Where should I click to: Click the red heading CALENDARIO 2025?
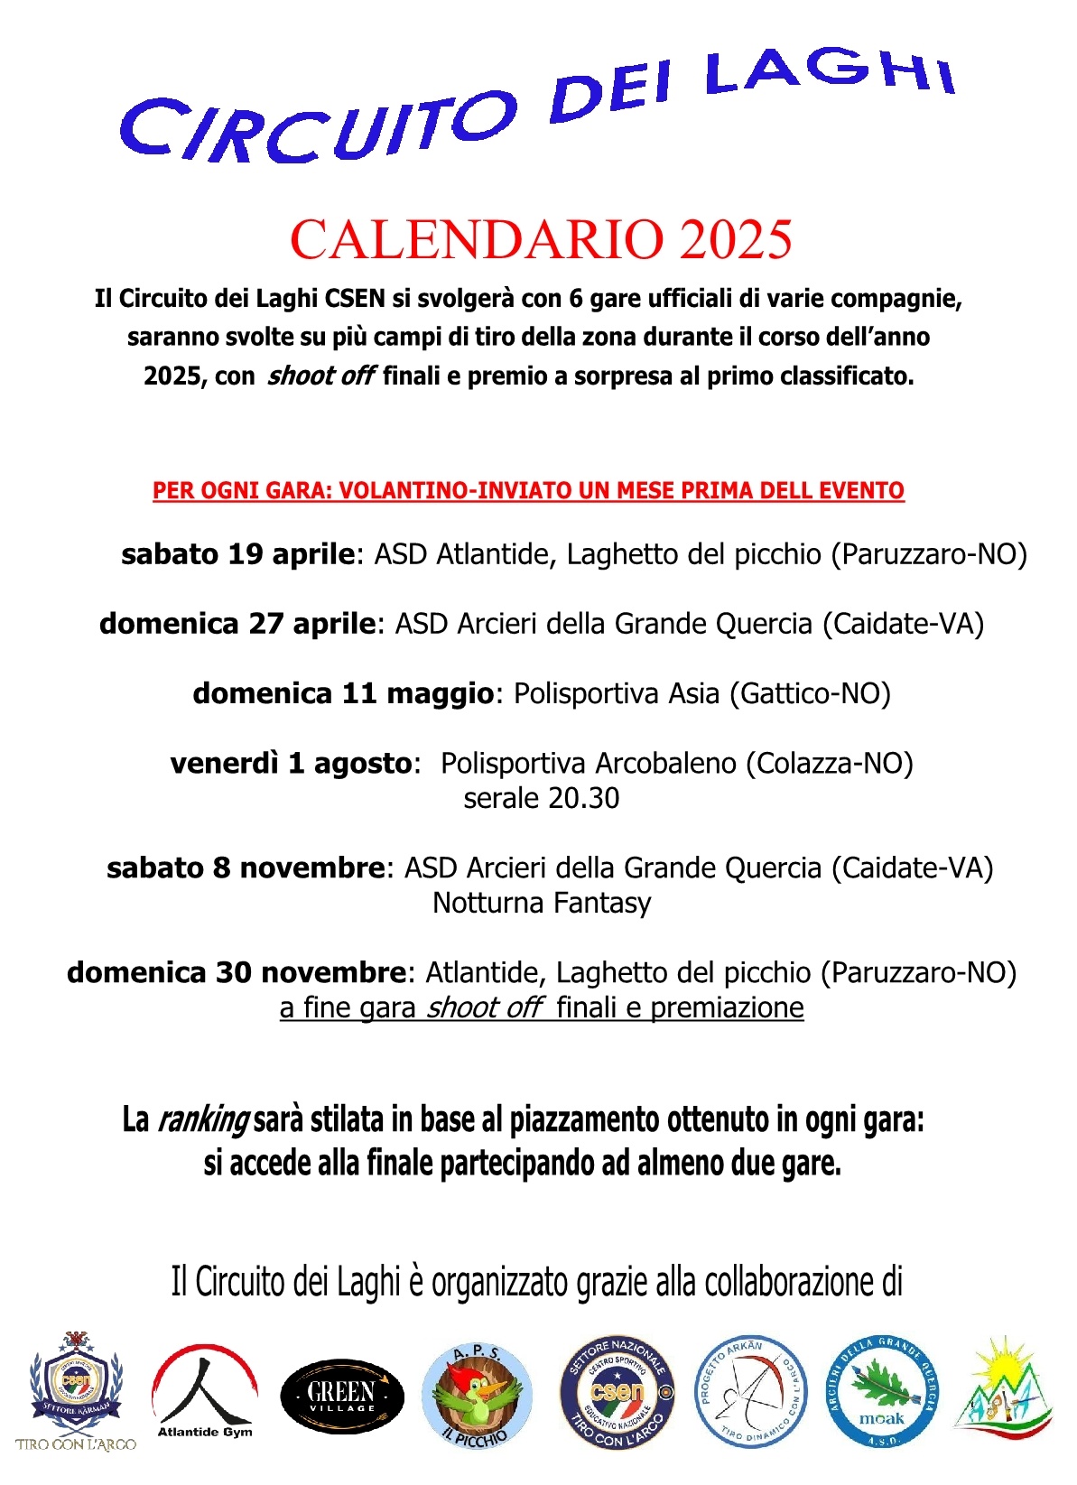point(541,240)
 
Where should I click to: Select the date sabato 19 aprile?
point(238,554)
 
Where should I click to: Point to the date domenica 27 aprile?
point(237,624)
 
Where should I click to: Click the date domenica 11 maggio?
point(343,693)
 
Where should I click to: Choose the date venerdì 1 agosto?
point(291,764)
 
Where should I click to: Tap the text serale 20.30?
point(541,798)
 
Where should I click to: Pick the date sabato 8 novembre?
point(246,868)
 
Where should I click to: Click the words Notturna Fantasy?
point(542,903)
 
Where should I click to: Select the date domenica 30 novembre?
point(237,972)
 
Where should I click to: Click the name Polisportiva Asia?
point(617,693)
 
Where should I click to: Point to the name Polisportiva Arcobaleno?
point(589,764)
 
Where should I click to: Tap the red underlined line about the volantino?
point(528,491)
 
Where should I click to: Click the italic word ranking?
point(203,1119)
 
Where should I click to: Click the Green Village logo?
point(342,1396)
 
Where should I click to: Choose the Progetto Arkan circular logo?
point(749,1392)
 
